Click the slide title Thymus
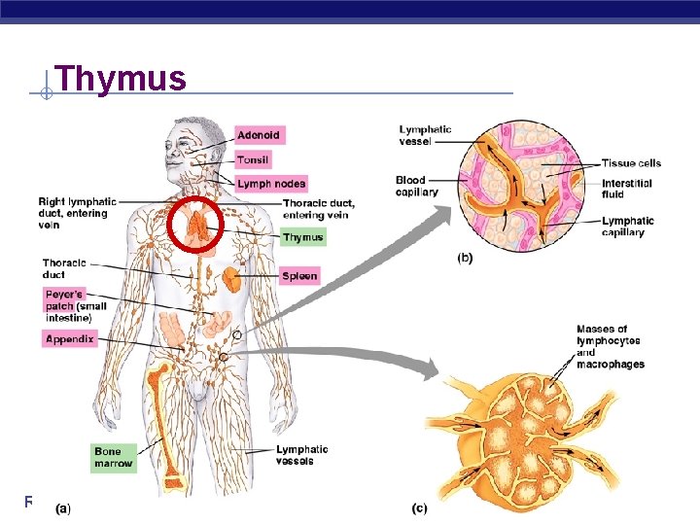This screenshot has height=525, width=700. (121, 77)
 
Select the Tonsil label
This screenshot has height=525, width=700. (254, 159)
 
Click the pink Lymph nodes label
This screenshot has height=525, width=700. (271, 184)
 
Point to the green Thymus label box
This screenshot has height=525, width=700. (302, 237)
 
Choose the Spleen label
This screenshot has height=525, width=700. (299, 276)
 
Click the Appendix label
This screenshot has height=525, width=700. (69, 338)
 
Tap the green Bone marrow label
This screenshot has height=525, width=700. (114, 457)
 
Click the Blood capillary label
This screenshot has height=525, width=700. (417, 186)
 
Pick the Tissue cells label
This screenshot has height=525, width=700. (631, 163)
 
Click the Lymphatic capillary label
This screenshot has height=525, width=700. (627, 227)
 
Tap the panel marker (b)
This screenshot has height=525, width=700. (467, 259)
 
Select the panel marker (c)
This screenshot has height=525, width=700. (420, 507)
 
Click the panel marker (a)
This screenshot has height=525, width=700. (63, 507)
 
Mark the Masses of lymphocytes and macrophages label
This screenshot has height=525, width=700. (610, 347)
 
